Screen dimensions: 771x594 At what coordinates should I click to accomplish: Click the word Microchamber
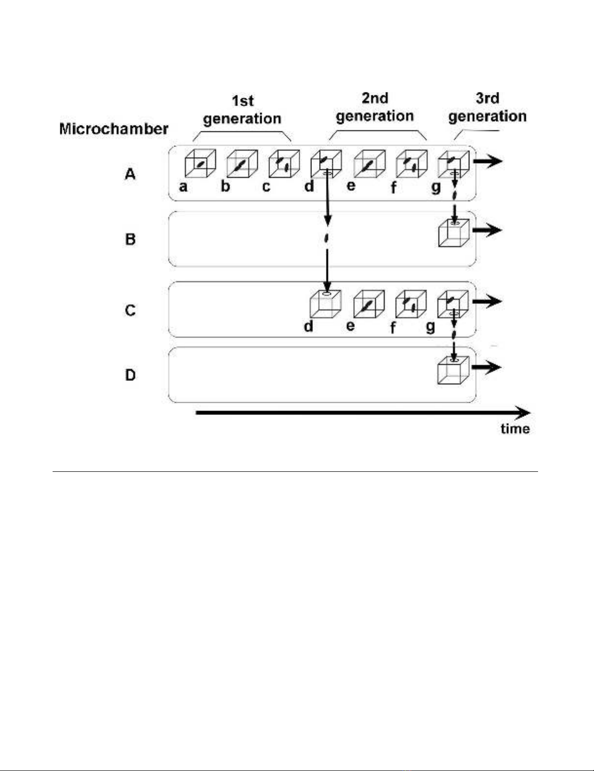(x=113, y=129)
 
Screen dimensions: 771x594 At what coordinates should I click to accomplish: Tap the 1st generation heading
(x=242, y=110)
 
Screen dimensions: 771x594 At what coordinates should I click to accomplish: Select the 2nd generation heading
(x=375, y=108)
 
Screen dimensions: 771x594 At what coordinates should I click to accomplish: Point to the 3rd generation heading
(x=487, y=108)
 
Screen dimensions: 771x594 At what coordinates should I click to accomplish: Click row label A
(x=130, y=174)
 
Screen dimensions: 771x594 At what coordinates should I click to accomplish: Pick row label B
(x=130, y=239)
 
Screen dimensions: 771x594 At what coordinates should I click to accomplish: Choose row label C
(x=130, y=310)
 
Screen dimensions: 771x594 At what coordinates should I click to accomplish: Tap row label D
(x=130, y=375)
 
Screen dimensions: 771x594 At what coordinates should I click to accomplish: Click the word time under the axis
(x=515, y=429)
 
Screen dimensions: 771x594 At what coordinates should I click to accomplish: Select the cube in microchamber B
(x=454, y=233)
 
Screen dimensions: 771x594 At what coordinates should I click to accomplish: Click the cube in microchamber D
(x=453, y=371)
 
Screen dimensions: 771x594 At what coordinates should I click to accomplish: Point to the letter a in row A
(x=183, y=186)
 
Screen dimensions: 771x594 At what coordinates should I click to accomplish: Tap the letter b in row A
(x=225, y=186)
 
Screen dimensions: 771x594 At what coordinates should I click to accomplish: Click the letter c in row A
(x=266, y=186)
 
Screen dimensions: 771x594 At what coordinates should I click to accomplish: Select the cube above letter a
(x=200, y=163)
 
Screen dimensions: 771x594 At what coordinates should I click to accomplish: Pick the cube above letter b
(x=242, y=163)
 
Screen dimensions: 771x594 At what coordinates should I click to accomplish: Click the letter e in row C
(x=350, y=325)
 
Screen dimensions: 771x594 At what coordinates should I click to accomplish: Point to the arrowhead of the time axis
(x=524, y=413)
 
